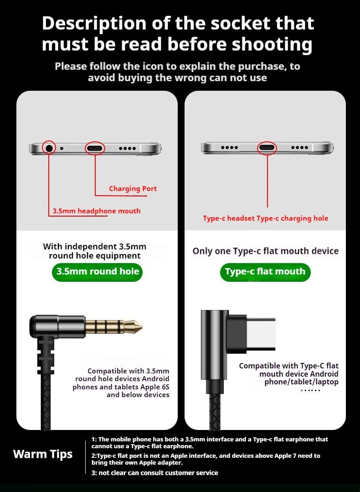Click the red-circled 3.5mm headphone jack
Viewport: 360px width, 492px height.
click(49, 148)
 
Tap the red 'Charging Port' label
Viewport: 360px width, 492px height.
click(133, 189)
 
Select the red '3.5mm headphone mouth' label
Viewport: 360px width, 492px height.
click(97, 211)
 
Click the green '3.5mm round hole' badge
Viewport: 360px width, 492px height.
click(97, 272)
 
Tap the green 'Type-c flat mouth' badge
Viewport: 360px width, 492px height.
click(265, 272)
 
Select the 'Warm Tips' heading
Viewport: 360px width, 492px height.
click(43, 454)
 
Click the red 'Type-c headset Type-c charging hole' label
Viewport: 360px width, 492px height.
click(265, 218)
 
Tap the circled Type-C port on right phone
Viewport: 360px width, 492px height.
click(267, 148)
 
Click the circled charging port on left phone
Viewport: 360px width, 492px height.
click(95, 148)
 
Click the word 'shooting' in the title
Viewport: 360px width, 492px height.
click(272, 45)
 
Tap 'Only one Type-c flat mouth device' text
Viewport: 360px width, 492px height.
click(266, 251)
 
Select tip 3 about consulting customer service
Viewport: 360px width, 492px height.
click(155, 473)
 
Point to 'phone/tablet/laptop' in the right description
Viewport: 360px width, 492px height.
click(301, 382)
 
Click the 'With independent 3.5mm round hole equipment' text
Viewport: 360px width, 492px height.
click(95, 251)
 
